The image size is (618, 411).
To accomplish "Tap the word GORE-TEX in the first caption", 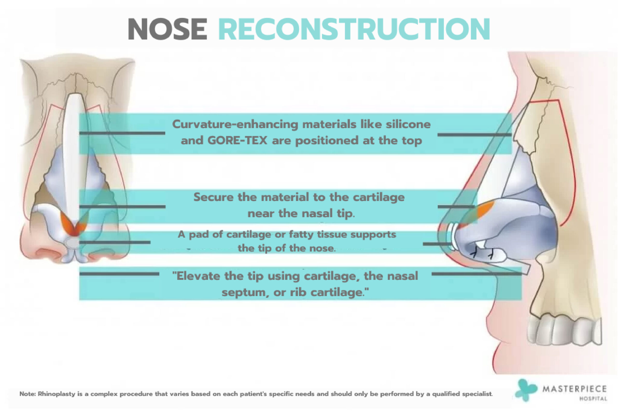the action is point(237,140).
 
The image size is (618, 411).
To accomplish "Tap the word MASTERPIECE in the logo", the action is point(575,389).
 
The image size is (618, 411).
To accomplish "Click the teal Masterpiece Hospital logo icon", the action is point(525,390).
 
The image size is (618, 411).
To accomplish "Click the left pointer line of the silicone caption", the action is point(122,133).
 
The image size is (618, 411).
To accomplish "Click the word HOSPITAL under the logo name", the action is point(593,399).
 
